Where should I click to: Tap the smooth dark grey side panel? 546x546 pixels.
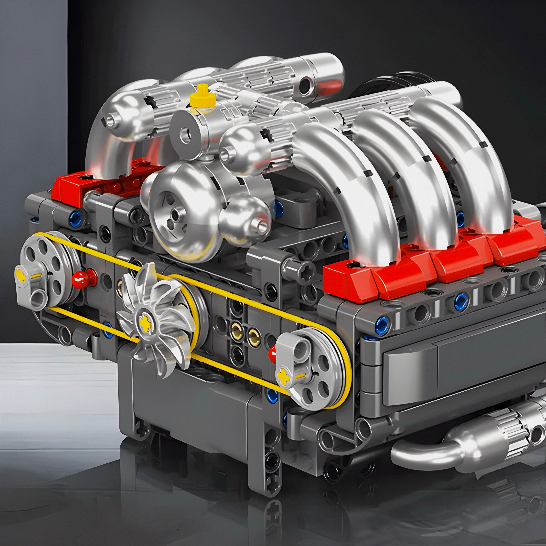[x=463, y=376]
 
